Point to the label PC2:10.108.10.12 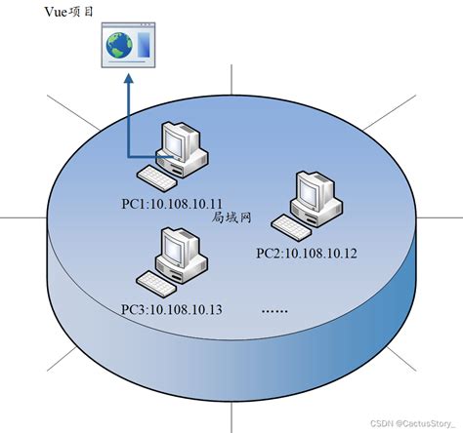pos(306,253)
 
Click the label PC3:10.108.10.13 pos(172,310)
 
